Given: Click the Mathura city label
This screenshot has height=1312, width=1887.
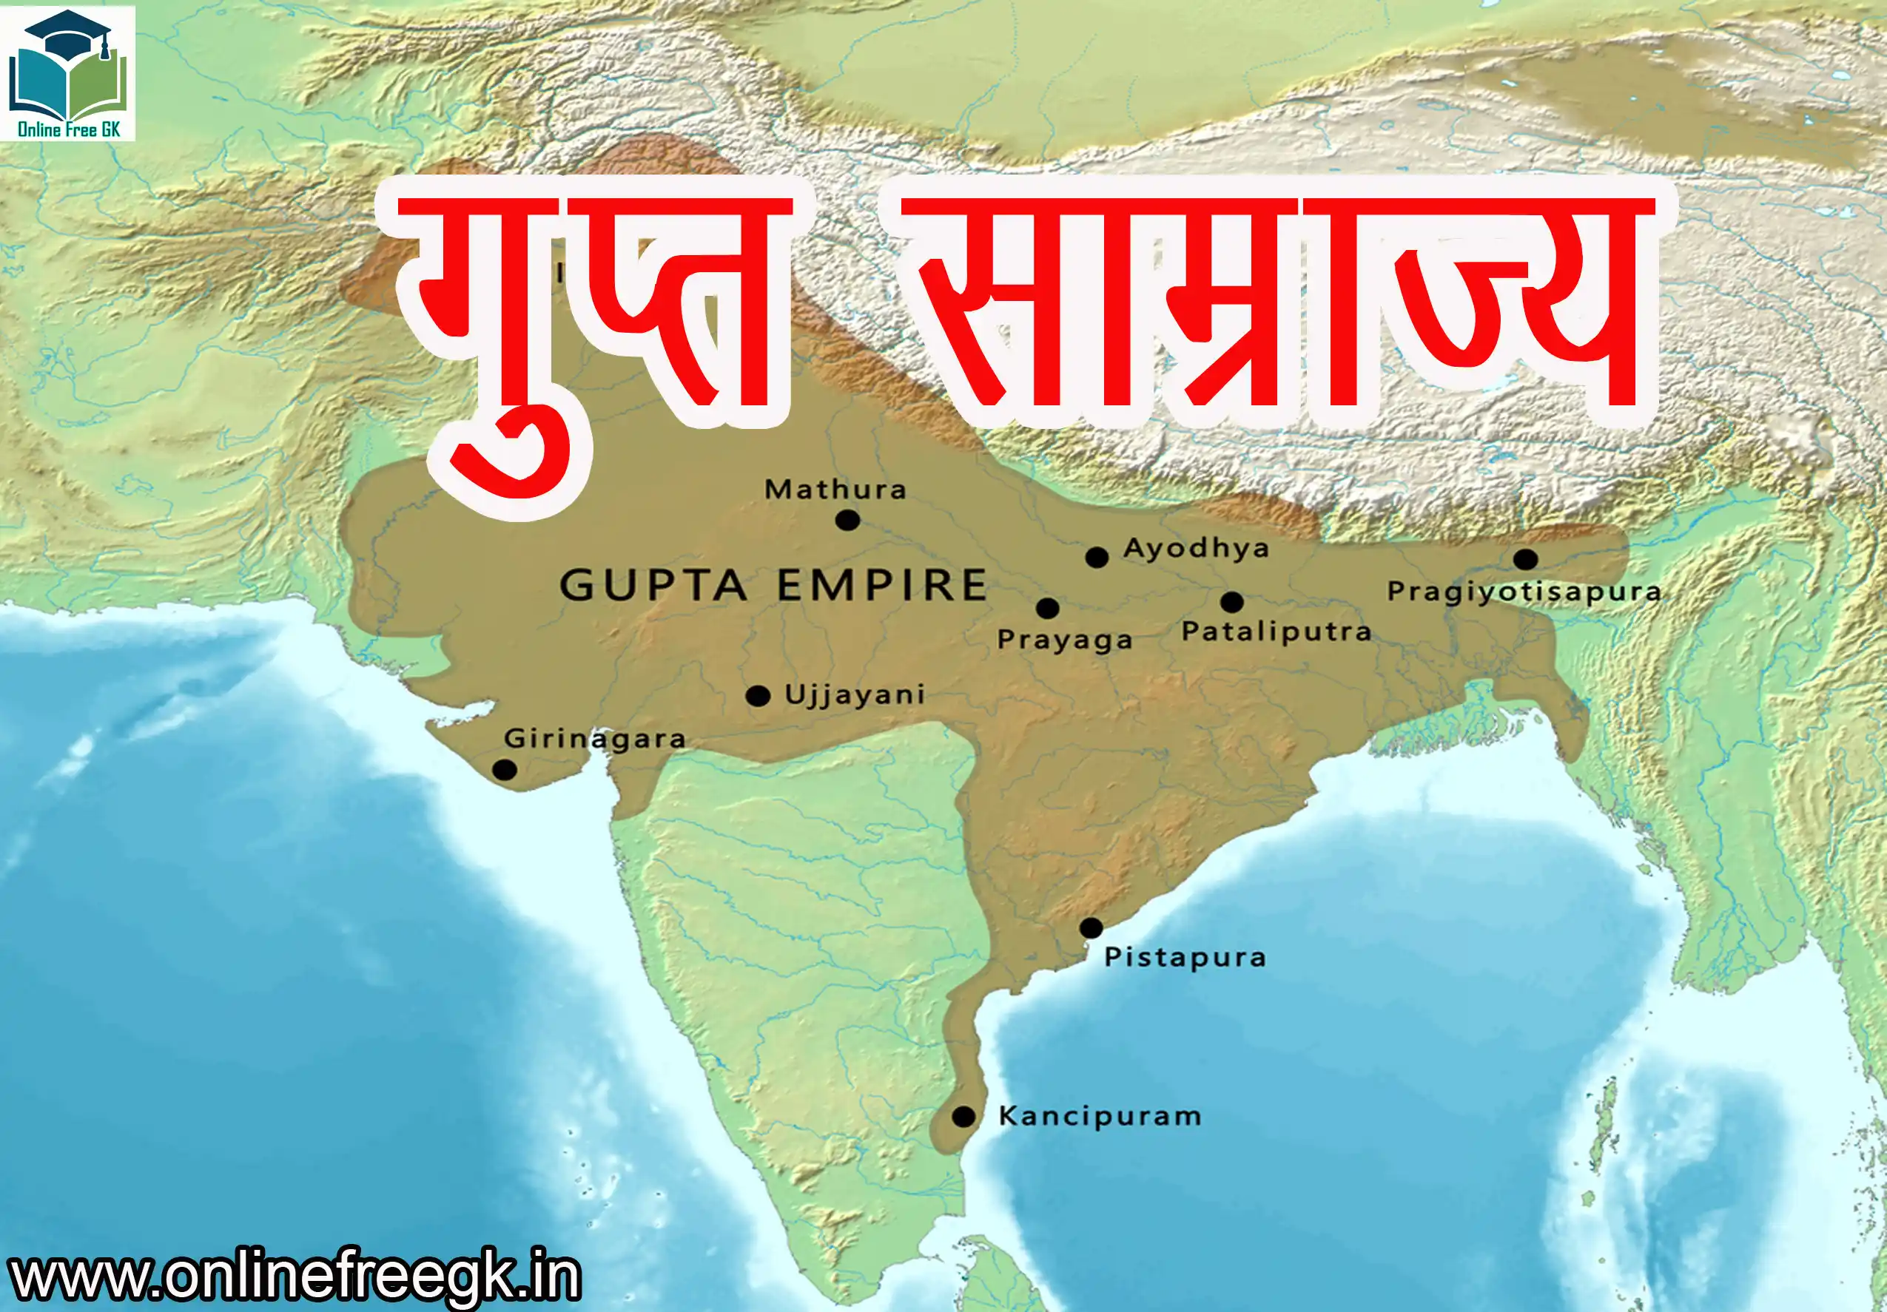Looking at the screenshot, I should [835, 490].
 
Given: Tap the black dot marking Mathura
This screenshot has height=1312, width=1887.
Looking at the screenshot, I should [847, 520].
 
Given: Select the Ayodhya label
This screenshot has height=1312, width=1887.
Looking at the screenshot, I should [1196, 548].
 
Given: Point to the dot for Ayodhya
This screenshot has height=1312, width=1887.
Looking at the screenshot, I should [1097, 558].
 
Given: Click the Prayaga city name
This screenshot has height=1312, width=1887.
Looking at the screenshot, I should [1064, 640].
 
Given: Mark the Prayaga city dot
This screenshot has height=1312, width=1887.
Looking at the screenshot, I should [1047, 609].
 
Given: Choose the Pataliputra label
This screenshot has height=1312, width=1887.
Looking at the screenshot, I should [1276, 632].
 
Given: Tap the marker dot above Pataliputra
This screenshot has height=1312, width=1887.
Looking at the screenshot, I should [1231, 603].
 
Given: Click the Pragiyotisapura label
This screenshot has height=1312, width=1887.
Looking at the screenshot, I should [1524, 592].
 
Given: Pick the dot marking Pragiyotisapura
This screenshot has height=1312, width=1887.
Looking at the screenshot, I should [1525, 559].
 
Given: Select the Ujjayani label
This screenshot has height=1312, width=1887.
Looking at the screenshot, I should [855, 695].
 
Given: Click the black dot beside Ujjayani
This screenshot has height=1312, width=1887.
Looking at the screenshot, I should [758, 697].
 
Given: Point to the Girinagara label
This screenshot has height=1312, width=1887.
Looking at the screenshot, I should [595, 739].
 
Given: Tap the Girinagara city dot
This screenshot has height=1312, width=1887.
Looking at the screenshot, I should [505, 770].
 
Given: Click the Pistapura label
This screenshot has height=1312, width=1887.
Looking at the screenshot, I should [1184, 957].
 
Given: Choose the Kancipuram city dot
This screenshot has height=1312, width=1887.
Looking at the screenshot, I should [963, 1117].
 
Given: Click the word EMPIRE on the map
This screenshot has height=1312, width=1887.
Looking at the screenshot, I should [882, 586].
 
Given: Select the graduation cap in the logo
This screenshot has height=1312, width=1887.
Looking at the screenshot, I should [69, 33].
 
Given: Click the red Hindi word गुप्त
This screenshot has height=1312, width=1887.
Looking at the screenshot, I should [592, 328].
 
